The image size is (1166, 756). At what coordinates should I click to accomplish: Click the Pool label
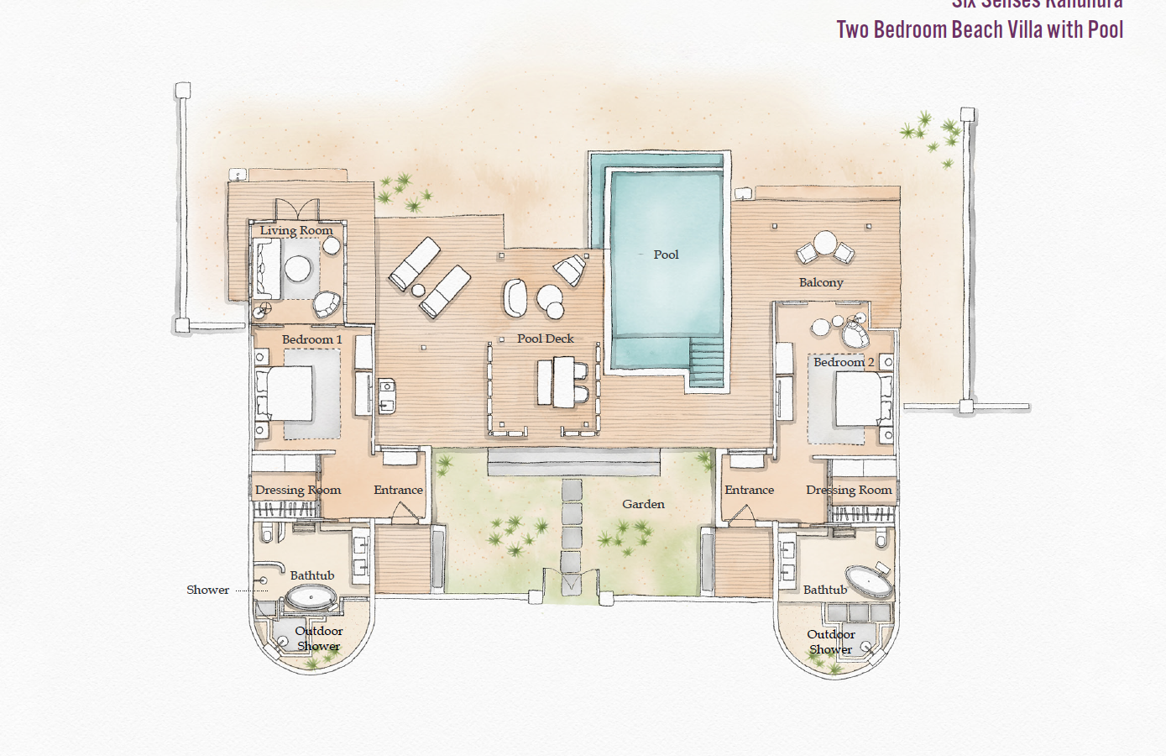[666, 255]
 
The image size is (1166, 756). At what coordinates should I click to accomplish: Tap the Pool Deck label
[546, 339]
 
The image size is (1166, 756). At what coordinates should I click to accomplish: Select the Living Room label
[296, 230]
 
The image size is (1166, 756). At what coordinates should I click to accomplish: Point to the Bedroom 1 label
[311, 339]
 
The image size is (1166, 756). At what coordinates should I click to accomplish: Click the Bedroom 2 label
[844, 362]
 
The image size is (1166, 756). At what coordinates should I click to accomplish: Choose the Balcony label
[821, 282]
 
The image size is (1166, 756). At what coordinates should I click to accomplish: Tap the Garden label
[643, 504]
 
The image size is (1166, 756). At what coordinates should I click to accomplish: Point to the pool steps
[705, 361]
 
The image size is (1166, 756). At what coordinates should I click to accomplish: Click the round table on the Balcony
[825, 244]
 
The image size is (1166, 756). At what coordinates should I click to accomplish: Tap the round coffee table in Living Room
[297, 269]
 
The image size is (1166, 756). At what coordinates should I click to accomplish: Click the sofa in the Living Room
[267, 269]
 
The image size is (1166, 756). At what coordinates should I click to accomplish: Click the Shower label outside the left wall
[207, 590]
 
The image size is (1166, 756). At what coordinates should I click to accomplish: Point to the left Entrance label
[398, 490]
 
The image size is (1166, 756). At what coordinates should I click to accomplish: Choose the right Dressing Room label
[849, 490]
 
